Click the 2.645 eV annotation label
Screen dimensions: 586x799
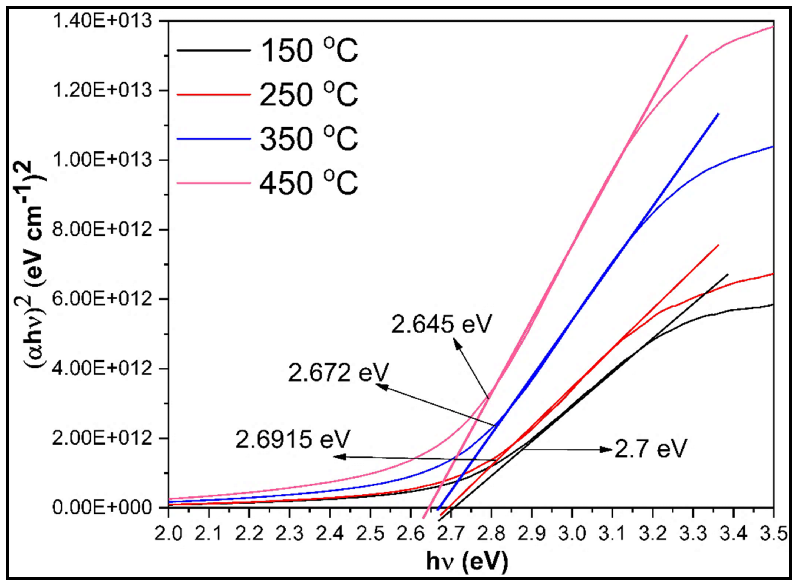(441, 324)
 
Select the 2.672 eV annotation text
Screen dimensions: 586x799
(338, 372)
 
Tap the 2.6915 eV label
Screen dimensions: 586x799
(293, 439)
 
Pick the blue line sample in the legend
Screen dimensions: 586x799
(214, 139)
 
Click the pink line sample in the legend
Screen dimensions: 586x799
(214, 183)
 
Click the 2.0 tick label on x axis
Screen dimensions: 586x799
(169, 534)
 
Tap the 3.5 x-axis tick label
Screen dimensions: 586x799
(773, 534)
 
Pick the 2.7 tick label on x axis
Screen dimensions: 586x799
(451, 534)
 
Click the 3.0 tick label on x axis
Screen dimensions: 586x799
(572, 534)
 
